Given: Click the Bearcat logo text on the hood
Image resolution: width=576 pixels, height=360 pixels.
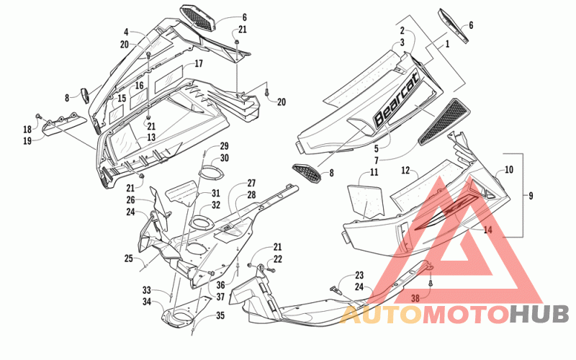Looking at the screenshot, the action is [396, 99].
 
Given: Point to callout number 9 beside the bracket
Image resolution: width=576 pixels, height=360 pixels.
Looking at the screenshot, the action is [531, 196].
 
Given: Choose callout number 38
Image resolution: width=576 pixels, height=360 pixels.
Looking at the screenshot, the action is [415, 298].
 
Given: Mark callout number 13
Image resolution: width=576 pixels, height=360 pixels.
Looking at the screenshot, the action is [151, 137].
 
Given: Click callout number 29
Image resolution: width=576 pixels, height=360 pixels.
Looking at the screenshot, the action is [224, 146].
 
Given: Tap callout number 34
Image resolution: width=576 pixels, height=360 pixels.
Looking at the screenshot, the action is [147, 302].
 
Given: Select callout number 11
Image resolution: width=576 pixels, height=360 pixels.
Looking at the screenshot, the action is [374, 172].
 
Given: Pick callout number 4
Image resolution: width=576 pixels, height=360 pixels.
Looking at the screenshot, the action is [126, 33].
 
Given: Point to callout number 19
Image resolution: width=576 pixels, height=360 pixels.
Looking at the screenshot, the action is [27, 140].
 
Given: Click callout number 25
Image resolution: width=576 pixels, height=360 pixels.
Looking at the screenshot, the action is [128, 258].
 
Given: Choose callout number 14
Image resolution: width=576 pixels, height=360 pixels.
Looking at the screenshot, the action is [487, 230].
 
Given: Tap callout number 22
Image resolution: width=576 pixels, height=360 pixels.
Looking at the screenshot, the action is [278, 259].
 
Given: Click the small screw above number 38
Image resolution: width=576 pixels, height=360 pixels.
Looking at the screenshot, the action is [430, 283].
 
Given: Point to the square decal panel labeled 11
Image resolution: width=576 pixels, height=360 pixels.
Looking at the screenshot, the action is [365, 200].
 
